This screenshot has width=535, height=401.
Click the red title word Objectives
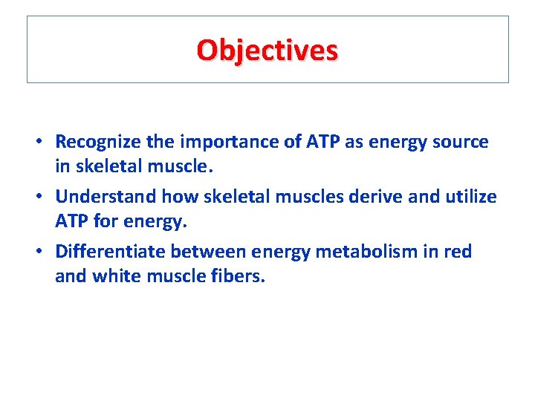(267, 50)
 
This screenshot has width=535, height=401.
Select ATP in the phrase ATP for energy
(71, 222)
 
